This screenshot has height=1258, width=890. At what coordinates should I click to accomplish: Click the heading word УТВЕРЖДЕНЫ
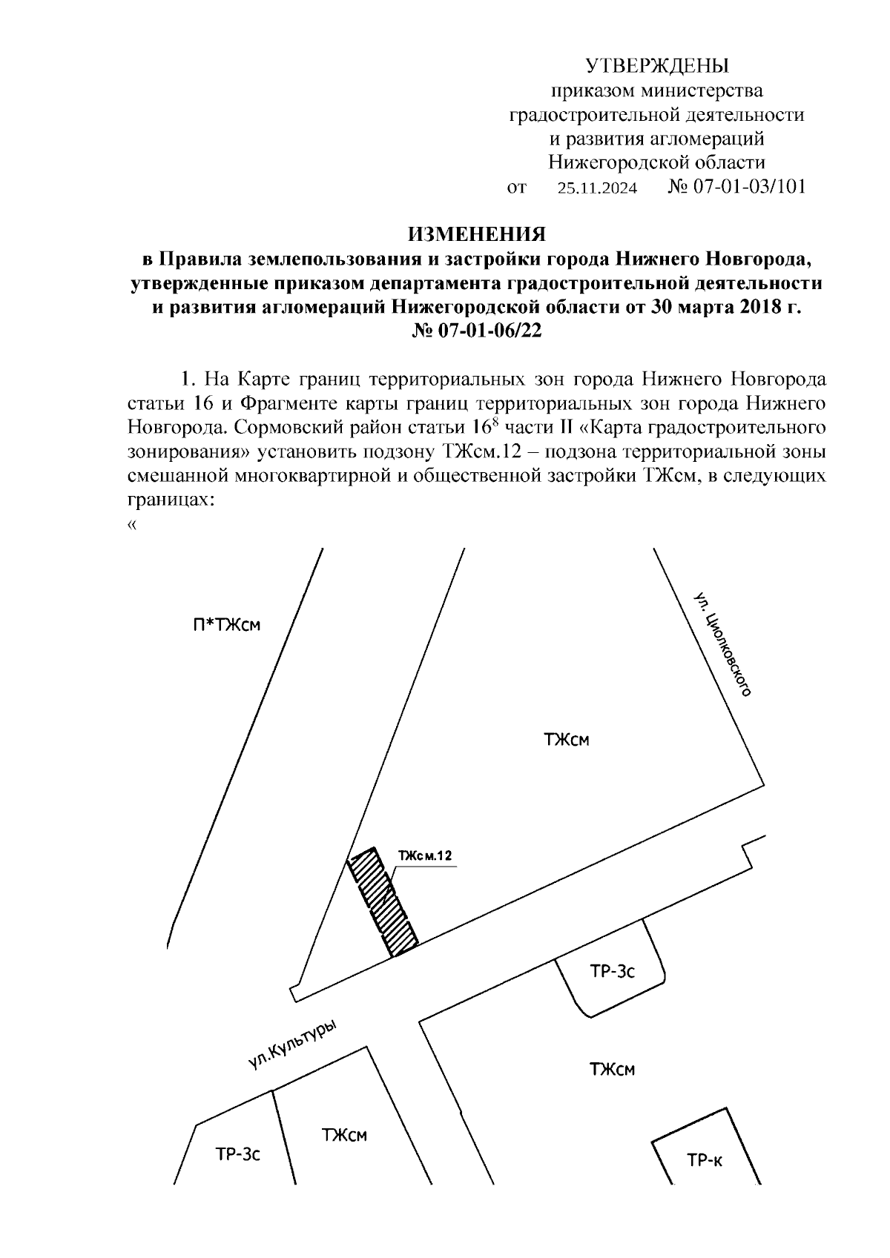coord(658,67)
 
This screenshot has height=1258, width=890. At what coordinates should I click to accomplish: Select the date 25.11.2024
coord(597,188)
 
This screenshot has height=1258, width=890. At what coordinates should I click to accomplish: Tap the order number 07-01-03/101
coord(748,187)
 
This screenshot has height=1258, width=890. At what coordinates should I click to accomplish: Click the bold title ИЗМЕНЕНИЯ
coord(478,235)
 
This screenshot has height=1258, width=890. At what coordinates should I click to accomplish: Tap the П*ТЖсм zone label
coord(222,625)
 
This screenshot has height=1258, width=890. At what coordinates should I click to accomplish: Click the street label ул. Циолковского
coord(723,644)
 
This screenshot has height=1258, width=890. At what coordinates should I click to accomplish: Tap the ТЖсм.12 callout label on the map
coord(424,855)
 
